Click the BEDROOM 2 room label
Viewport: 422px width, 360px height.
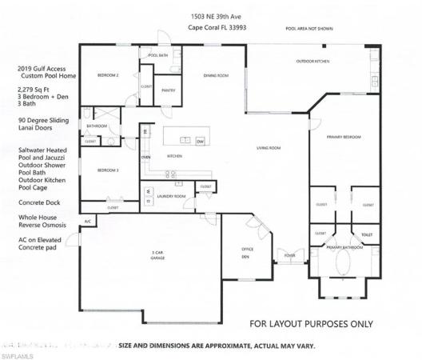pyautogui.click(x=108, y=74)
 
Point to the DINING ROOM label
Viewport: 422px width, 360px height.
pyautogui.click(x=216, y=75)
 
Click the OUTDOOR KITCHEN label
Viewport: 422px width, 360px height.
pyautogui.click(x=312, y=61)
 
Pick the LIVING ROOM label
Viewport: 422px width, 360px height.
pyautogui.click(x=268, y=148)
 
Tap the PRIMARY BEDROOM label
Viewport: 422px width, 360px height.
pyautogui.click(x=344, y=138)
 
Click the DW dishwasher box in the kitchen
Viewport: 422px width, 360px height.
pyautogui.click(x=201, y=141)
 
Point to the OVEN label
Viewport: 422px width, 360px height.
pyautogui.click(x=145, y=157)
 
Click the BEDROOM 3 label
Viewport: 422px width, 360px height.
pyautogui.click(x=108, y=170)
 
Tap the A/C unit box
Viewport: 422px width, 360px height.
pyautogui.click(x=88, y=221)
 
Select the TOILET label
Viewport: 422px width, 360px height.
pyautogui.click(x=367, y=235)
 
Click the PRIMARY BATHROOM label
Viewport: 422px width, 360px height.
pyautogui.click(x=345, y=248)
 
